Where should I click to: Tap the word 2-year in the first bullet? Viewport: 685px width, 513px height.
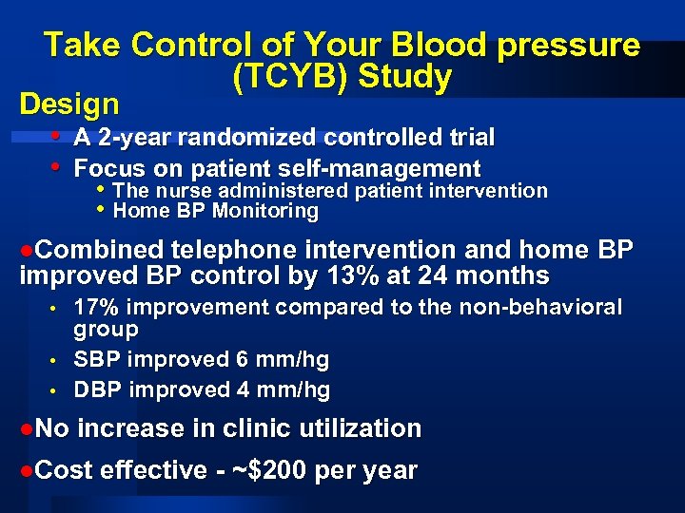click(x=138, y=138)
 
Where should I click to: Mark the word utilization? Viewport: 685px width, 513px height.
click(x=358, y=428)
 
